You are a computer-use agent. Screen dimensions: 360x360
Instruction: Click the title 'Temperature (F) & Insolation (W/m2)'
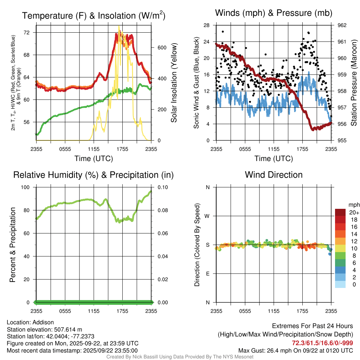pos(94,15)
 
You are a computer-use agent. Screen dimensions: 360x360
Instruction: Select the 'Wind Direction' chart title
pos(274,175)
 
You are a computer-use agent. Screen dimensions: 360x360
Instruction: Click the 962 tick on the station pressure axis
pos(342,25)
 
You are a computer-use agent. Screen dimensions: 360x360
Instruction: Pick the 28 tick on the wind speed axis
pos(207,25)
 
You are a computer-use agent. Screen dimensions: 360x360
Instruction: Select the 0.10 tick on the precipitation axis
pos(163,187)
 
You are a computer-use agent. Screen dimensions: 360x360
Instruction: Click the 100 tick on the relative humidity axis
pos(26,187)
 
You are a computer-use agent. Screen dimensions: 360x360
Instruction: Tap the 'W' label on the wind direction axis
pos(207,216)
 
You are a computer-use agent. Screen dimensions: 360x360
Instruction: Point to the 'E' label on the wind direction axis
pos(208,274)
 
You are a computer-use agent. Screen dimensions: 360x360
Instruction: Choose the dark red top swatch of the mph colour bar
pos(340,212)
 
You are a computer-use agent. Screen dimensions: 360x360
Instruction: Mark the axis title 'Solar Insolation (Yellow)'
pos(174,83)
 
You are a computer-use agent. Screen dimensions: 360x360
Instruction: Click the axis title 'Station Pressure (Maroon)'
pos(354,83)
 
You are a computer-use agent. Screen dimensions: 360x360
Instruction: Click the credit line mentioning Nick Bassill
pos(180,357)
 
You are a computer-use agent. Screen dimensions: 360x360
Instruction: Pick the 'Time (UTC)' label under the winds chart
pos(274,159)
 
